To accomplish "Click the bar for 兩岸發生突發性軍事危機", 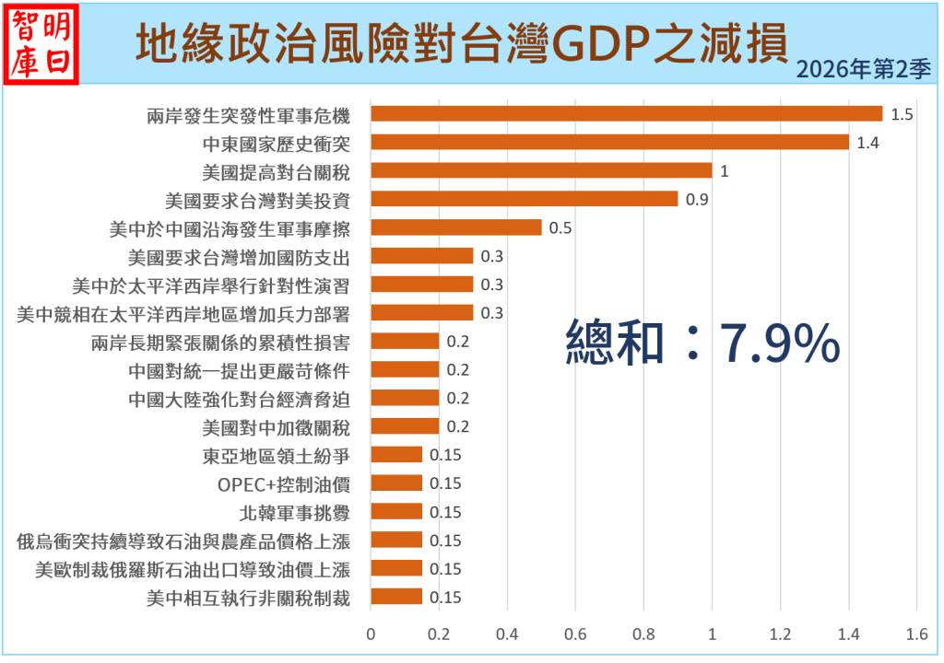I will [x=627, y=114].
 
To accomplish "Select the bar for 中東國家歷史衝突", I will [x=609, y=142].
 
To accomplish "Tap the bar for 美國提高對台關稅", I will [x=541, y=170].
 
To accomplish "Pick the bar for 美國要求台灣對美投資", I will [x=524, y=199].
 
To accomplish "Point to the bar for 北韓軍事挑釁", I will [x=396, y=511].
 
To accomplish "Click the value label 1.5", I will [x=902, y=115].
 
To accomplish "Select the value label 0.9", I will [x=697, y=200].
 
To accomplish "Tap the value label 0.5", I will [x=560, y=228].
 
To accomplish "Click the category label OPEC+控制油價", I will [x=284, y=483].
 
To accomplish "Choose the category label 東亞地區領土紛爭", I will [x=276, y=455].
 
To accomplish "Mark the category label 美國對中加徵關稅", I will [x=276, y=426].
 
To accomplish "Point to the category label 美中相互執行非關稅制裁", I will [x=248, y=598].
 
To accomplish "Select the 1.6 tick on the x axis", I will [x=916, y=634].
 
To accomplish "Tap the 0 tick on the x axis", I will [x=371, y=634].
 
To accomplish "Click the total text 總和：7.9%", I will [x=702, y=344].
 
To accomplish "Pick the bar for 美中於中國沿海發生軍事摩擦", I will [x=455, y=227].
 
